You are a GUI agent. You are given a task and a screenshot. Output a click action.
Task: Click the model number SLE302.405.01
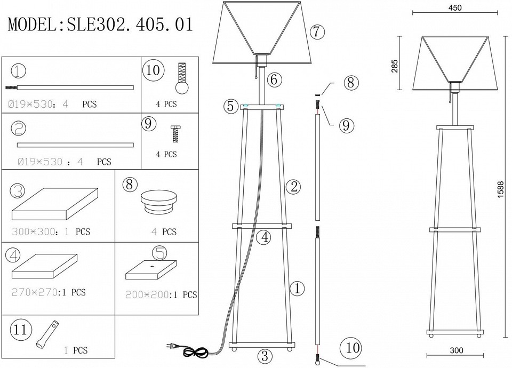coord(130,24)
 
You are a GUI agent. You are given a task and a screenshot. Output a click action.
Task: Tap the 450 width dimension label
coord(455,7)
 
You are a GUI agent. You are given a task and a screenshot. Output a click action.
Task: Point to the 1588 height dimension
coord(500,190)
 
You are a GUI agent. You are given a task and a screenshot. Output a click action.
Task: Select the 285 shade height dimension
coord(395,66)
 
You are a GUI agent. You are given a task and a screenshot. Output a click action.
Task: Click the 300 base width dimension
coord(456,350)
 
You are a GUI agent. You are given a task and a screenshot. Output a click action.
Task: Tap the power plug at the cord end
coord(172,345)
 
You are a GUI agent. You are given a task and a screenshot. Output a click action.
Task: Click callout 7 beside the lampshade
coord(317,31)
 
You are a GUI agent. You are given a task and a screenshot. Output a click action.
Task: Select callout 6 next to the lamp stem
coord(274,79)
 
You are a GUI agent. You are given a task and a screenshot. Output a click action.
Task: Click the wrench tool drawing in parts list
coord(47,334)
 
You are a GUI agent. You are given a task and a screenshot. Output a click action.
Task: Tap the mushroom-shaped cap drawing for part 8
coord(159,203)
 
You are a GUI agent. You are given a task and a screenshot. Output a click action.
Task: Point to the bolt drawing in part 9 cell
coord(176,133)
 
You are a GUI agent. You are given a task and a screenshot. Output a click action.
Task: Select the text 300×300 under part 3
coord(33,231)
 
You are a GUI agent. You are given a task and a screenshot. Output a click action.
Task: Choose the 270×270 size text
coord(35,292)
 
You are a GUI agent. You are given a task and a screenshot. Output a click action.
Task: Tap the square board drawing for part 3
coord(55,204)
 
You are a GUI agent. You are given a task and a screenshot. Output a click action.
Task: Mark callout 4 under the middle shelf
coord(263,237)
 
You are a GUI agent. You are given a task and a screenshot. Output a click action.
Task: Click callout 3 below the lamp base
coord(265,356)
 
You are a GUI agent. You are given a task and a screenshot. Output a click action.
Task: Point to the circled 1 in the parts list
coord(19,71)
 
